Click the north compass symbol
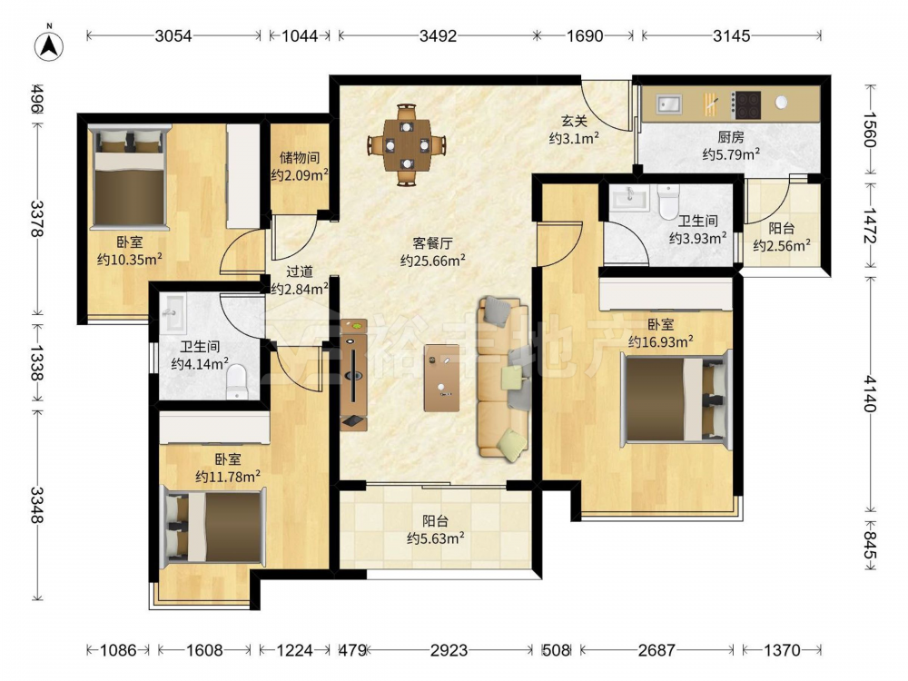49,45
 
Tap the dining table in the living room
407,144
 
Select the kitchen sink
669,104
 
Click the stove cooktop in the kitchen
745,104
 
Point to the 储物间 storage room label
299,157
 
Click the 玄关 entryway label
574,121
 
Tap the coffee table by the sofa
441,378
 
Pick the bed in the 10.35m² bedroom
130,177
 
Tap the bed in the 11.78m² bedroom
214,527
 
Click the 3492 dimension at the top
438,36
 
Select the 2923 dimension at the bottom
449,650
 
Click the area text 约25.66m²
433,261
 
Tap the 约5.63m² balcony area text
436,538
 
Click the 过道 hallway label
300,271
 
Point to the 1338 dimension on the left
36,363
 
